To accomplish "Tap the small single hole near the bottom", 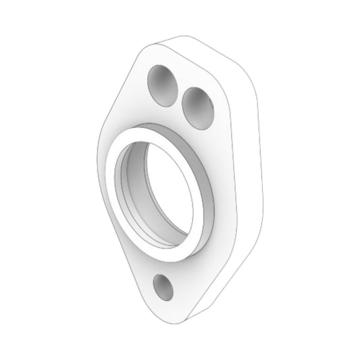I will point(163,286).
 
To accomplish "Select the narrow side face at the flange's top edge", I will point(203,54).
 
